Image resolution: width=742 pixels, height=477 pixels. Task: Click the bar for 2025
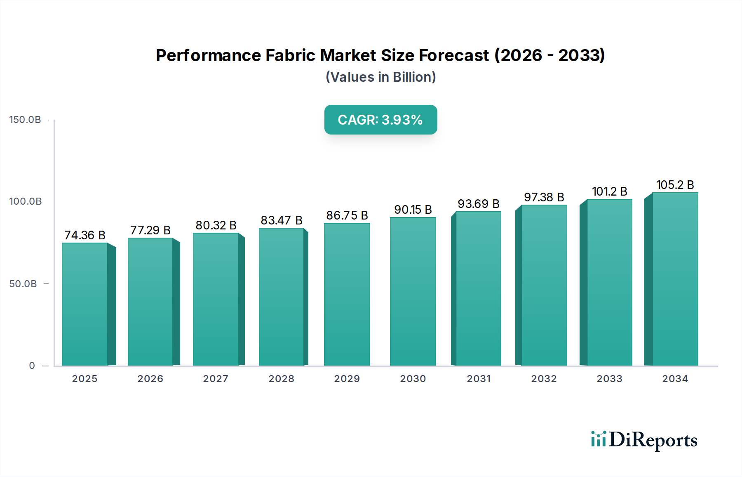(85, 304)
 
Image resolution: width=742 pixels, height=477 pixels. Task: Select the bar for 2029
(347, 294)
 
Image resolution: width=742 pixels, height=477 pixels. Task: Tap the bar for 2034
(675, 279)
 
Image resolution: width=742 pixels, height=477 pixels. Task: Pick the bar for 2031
(478, 288)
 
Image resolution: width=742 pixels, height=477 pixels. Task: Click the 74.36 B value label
(85, 235)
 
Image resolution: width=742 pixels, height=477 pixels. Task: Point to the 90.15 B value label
(413, 210)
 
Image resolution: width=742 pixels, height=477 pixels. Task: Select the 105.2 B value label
(675, 185)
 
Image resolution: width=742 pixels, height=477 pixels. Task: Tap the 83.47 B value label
(282, 220)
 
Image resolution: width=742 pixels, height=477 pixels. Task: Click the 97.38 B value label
(544, 197)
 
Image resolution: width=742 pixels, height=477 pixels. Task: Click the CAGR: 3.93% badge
(380, 120)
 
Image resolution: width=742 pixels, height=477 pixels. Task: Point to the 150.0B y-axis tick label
(25, 120)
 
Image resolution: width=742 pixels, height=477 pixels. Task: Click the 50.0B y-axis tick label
(23, 284)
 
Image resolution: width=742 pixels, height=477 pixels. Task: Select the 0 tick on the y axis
(32, 366)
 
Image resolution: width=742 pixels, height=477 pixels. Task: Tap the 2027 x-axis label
(216, 379)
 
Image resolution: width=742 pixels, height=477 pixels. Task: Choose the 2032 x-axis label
(544, 379)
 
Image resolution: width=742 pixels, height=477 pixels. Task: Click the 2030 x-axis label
(413, 379)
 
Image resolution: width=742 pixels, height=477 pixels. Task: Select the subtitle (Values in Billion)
(380, 77)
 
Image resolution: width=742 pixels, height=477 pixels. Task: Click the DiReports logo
(644, 440)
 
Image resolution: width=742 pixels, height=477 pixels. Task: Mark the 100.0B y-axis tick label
(25, 201)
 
